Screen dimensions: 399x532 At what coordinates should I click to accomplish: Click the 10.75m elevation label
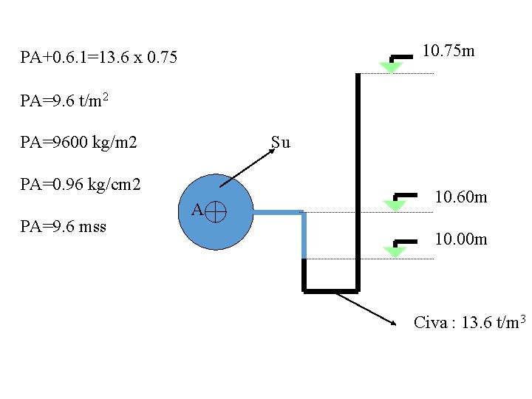[x=448, y=51]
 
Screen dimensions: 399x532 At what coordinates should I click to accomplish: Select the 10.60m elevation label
[x=460, y=197]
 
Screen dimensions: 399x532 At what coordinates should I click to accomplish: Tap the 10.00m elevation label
[x=460, y=239]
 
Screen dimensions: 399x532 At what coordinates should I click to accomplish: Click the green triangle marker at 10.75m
[x=390, y=67]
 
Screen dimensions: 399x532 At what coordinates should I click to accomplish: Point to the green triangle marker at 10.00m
[x=395, y=252]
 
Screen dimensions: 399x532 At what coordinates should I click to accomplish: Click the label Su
[x=281, y=143]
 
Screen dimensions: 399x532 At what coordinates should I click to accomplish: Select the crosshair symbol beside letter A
[x=216, y=212]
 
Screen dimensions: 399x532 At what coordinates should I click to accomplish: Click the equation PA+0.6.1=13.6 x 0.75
[x=99, y=57]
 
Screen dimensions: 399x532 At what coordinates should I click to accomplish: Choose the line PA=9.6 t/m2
[x=65, y=100]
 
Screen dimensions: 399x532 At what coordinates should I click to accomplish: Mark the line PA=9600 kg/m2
[x=79, y=142]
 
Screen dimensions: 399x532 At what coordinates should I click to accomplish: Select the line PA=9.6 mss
[x=64, y=226]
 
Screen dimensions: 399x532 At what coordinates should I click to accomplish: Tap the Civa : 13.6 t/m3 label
[x=469, y=322]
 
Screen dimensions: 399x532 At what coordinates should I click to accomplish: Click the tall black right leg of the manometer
[x=358, y=177]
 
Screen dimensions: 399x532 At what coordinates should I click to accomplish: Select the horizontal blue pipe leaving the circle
[x=277, y=213]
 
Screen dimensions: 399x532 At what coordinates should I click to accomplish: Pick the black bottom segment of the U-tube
[x=330, y=290]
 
